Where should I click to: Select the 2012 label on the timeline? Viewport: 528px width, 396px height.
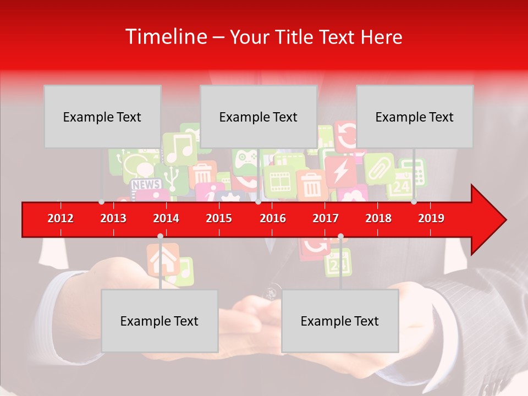click(61, 218)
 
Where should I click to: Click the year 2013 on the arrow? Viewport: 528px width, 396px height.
click(113, 218)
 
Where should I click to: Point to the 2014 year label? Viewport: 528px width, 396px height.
click(166, 218)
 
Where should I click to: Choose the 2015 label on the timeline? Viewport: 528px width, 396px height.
click(219, 218)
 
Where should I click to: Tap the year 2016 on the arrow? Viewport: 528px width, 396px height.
click(273, 218)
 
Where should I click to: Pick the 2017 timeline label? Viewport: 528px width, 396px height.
click(326, 218)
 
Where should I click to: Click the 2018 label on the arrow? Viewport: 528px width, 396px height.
click(378, 218)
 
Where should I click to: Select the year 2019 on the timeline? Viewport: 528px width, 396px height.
click(431, 218)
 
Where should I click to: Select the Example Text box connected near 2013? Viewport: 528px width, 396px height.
click(102, 117)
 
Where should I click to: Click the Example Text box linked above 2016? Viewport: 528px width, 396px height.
click(258, 117)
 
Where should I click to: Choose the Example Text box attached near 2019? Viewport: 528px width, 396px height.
click(415, 117)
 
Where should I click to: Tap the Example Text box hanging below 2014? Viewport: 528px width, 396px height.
click(159, 321)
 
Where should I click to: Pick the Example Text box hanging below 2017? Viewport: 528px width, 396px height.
click(340, 321)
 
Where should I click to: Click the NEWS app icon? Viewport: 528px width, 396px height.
click(146, 184)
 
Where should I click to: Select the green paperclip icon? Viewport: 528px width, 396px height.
click(379, 168)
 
